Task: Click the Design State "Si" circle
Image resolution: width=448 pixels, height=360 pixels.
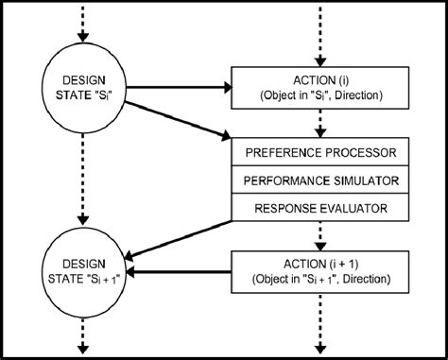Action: [x=85, y=88]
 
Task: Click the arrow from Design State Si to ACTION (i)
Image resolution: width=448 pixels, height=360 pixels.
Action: [x=180, y=88]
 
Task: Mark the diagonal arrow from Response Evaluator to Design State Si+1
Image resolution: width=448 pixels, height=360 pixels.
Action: [x=180, y=237]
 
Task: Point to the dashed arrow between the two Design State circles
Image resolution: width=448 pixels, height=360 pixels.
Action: [x=85, y=180]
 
